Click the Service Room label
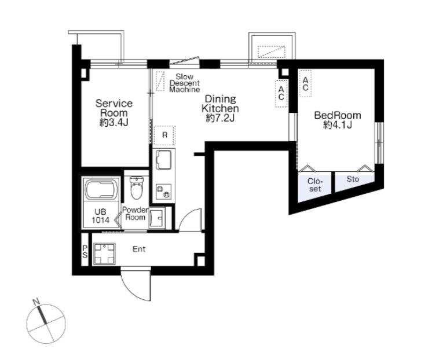click(x=114, y=113)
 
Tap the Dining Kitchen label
click(x=220, y=108)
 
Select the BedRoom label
click(x=338, y=120)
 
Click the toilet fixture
click(x=137, y=188)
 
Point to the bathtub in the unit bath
click(x=101, y=189)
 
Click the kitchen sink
click(x=163, y=160)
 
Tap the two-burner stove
click(x=163, y=192)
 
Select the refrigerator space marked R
click(x=164, y=135)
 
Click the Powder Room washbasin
click(x=156, y=218)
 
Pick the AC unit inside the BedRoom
click(x=305, y=83)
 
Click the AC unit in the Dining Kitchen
click(x=281, y=93)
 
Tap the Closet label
click(x=315, y=185)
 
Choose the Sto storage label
click(x=353, y=179)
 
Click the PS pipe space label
click(x=85, y=251)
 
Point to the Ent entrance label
click(x=139, y=249)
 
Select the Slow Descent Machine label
click(x=185, y=83)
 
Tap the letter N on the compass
click(x=36, y=302)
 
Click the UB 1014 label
click(x=100, y=216)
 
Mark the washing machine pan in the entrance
click(x=104, y=254)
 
